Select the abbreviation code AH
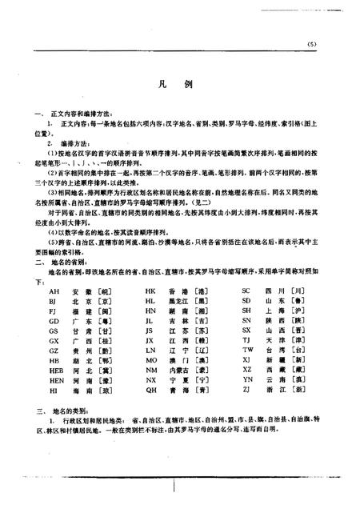point(54,291)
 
